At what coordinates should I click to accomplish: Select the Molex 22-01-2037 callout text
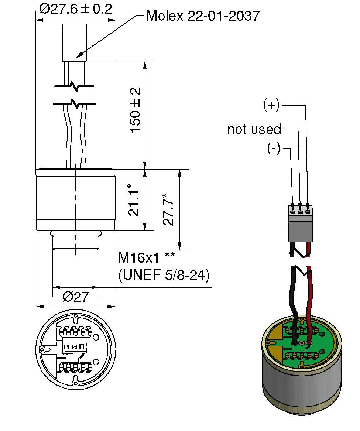[x=203, y=16]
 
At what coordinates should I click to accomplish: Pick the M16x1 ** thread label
[x=146, y=257]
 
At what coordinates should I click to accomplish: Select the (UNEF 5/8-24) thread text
[x=164, y=275]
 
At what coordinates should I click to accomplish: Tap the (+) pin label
[x=271, y=106]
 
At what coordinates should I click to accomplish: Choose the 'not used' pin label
[x=254, y=129]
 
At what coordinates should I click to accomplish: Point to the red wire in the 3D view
[x=309, y=295]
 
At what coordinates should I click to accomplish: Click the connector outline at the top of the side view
[x=75, y=42]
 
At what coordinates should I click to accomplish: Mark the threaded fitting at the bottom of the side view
[x=76, y=242]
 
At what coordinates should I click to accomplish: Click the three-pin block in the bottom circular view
[x=74, y=347]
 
